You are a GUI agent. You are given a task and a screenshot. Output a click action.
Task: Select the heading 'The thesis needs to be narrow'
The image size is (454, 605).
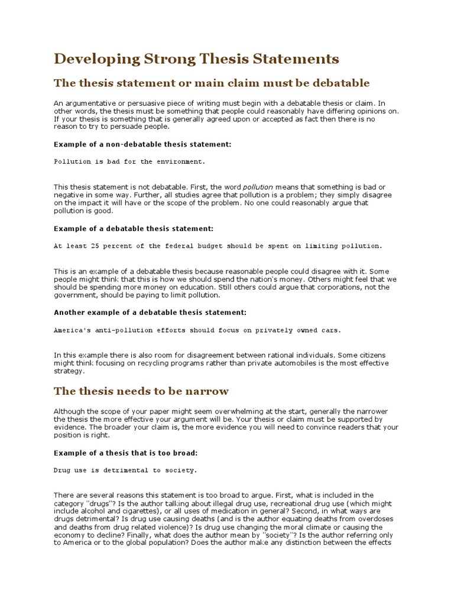pyautogui.click(x=141, y=391)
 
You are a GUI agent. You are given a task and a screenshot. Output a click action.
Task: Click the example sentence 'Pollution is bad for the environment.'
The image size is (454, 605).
pyautogui.click(x=130, y=161)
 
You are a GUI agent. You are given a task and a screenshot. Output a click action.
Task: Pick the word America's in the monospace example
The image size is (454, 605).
pyautogui.click(x=71, y=330)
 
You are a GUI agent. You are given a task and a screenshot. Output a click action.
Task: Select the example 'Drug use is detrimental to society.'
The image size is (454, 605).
pyautogui.click(x=126, y=470)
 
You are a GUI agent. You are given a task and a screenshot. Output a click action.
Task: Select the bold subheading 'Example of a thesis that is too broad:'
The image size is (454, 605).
pyautogui.click(x=125, y=453)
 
